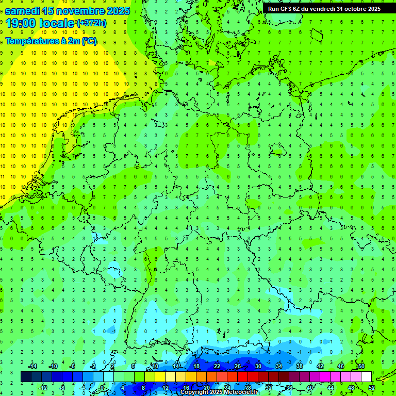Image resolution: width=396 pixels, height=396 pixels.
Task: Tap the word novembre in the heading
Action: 81,11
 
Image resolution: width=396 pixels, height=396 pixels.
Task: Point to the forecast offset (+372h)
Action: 91,23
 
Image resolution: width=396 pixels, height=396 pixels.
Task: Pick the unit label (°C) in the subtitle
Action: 89,41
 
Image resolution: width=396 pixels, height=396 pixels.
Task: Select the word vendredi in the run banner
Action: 322,9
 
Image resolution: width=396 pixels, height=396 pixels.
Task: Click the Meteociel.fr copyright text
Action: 219,392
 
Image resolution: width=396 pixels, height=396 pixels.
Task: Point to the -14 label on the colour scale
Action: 34,366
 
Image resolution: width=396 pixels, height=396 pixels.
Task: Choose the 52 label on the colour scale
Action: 372,388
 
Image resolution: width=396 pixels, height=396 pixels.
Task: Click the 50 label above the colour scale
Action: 361,366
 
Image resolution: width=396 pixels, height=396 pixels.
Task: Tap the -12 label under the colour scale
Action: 44,388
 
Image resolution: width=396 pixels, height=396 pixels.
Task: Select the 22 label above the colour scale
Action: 217,366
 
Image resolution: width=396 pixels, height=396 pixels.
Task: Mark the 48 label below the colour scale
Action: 351,388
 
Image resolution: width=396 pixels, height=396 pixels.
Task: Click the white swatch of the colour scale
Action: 367,377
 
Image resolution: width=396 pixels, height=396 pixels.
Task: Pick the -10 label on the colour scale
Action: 54,366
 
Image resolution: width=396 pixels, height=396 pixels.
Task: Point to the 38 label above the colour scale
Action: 300,366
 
